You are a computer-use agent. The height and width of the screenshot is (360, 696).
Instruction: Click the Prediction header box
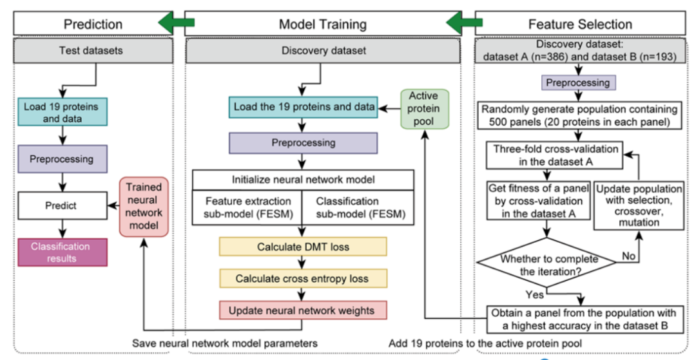[x=93, y=23]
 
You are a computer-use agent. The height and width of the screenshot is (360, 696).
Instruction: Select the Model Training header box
[x=323, y=23]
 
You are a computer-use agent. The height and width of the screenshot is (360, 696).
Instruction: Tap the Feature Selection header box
[x=580, y=23]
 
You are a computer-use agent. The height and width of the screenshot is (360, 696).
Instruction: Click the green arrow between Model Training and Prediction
[x=176, y=23]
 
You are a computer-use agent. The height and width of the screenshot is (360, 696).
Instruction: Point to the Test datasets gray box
[x=93, y=50]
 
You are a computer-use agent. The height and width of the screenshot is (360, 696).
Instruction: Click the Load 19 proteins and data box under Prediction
[x=63, y=111]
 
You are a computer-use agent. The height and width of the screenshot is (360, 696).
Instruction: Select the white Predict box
[x=63, y=205]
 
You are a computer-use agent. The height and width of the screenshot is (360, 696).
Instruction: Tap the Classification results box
[x=63, y=252]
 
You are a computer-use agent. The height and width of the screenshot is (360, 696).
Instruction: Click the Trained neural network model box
[x=143, y=207]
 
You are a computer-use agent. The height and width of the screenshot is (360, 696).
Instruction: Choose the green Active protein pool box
[x=424, y=109]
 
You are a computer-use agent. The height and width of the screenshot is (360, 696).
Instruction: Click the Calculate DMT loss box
[x=303, y=247]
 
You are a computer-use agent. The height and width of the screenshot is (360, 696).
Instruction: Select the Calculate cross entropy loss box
[x=303, y=278]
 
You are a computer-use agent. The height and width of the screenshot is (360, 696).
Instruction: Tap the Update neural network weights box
[x=303, y=310]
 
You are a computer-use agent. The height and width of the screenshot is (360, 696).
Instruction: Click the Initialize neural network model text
[x=303, y=180]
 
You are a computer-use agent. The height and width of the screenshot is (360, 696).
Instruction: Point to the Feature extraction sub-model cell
[x=247, y=207]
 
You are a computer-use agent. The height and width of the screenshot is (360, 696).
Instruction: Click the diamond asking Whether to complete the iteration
[x=546, y=262]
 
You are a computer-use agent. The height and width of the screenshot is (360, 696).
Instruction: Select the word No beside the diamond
[x=628, y=256]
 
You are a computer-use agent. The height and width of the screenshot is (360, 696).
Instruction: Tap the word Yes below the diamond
[x=534, y=294]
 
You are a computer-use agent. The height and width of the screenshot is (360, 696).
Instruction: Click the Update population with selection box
[x=639, y=205]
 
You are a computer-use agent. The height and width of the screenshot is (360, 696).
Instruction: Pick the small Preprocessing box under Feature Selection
[x=577, y=83]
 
